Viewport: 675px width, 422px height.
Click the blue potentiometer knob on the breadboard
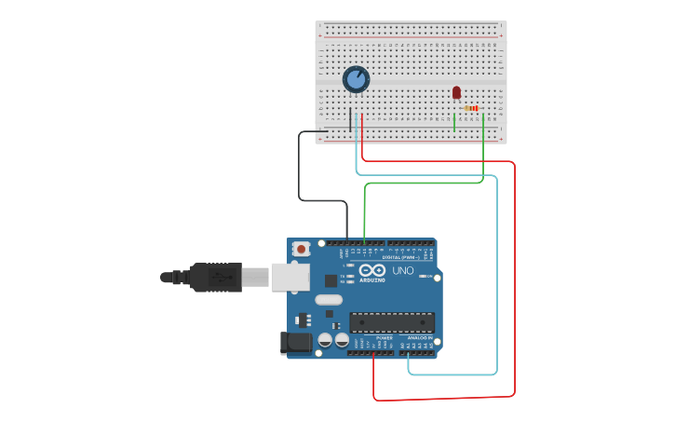(356, 79)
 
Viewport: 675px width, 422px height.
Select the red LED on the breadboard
(456, 92)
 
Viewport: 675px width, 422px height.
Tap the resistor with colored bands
(471, 109)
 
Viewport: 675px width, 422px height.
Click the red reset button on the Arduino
(301, 249)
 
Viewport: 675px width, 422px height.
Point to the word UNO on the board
(403, 270)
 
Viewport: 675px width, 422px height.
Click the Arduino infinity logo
(371, 270)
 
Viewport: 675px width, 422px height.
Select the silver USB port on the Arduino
(290, 277)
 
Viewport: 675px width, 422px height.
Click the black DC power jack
(296, 343)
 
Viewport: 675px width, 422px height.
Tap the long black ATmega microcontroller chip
(392, 322)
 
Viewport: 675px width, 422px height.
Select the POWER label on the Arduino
(371, 338)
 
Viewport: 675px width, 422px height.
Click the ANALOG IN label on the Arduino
(420, 338)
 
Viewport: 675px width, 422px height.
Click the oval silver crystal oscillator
(329, 300)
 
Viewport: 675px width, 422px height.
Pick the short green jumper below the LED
(454, 122)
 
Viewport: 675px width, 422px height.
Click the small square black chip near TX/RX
(331, 279)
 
